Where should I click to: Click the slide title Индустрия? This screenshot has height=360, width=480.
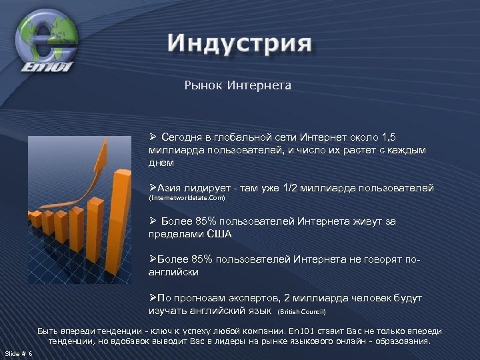point(239,45)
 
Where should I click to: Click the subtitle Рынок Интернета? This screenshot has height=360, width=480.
point(237,85)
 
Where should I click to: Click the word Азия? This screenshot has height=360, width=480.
point(170,188)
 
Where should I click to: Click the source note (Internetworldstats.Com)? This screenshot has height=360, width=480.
point(187,199)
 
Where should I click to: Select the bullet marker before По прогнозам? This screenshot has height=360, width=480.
point(153,298)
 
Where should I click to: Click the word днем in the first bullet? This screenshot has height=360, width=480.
point(161,163)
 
